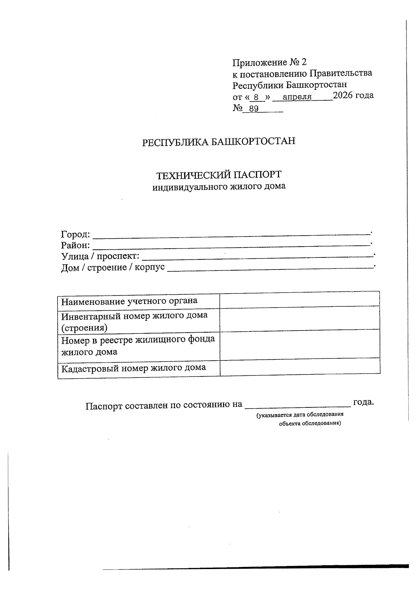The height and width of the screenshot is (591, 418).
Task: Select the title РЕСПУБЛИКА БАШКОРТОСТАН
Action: (218, 142)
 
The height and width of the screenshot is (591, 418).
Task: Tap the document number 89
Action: (254, 109)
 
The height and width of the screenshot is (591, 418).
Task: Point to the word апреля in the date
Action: (297, 96)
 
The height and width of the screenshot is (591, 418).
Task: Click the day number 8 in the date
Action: (256, 96)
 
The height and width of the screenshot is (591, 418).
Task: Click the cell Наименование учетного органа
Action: (129, 301)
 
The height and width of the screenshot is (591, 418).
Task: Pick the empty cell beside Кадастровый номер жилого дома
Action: (300, 367)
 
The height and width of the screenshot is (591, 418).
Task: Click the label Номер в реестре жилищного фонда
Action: (138, 339)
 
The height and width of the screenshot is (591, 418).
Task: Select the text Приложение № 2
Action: (269, 62)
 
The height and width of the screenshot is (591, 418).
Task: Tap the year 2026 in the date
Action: (343, 95)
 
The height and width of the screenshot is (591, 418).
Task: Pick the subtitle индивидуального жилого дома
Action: (219, 186)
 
